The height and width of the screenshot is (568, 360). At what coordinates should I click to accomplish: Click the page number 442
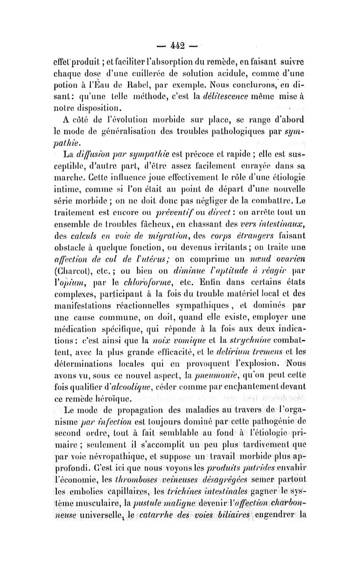180,45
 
